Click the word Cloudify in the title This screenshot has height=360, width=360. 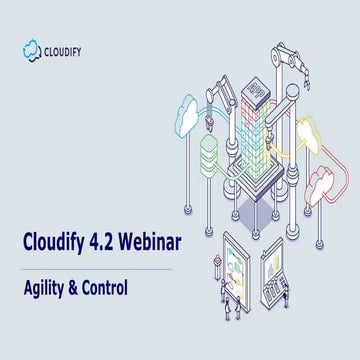point(52,244)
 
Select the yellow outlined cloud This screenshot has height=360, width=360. point(311,131)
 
